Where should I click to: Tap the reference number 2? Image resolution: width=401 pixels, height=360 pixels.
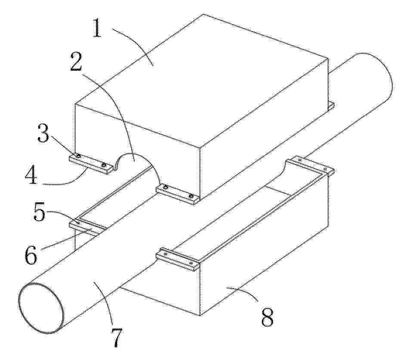click(x=76, y=62)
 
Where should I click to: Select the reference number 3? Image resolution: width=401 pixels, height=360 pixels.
click(x=43, y=132)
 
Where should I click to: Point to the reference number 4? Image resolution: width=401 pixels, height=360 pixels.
click(x=31, y=175)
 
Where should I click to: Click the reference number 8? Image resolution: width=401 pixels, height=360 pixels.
click(x=267, y=317)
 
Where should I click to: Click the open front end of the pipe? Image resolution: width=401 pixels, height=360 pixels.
click(x=41, y=308)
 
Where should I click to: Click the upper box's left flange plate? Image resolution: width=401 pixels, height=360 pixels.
click(x=91, y=164)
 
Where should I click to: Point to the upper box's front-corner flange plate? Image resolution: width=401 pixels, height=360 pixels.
click(x=178, y=195)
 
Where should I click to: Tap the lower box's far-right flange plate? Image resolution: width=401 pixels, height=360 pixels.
click(x=310, y=166)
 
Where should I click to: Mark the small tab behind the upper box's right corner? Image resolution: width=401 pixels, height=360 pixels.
click(x=332, y=106)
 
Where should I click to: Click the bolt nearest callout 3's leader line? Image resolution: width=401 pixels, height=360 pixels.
click(x=78, y=156)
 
